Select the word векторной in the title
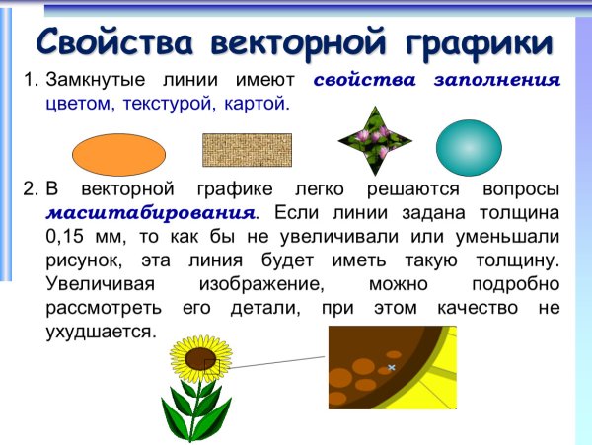(x=289, y=42)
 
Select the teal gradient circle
(x=469, y=148)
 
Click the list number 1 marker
(x=30, y=81)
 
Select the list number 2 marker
(x=30, y=188)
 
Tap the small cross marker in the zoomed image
(x=391, y=368)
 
